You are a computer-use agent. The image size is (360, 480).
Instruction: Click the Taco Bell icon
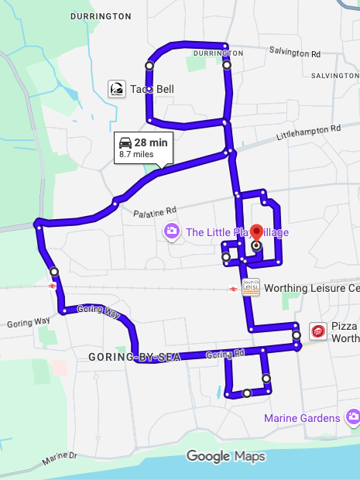click(x=117, y=89)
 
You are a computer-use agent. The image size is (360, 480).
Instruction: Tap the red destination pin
click(x=257, y=235)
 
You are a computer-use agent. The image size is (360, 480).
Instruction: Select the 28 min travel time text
click(x=151, y=142)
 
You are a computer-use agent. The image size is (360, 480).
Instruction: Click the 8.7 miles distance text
click(x=136, y=155)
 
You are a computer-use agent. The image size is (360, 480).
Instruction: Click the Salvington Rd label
click(x=295, y=53)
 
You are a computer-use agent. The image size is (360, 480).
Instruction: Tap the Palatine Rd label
click(x=154, y=210)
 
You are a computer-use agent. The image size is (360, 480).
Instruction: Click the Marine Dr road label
click(x=60, y=460)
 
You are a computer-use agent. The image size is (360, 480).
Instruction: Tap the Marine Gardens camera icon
click(x=353, y=417)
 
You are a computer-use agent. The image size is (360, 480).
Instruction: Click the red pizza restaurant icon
click(x=317, y=331)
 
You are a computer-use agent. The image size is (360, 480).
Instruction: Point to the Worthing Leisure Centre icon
click(x=250, y=287)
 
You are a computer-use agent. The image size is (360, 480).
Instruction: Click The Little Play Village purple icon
click(x=171, y=231)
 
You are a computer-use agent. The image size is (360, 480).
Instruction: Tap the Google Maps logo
click(x=225, y=457)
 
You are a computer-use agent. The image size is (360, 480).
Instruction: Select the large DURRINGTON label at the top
click(x=101, y=15)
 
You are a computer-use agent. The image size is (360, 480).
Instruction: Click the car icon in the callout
click(x=125, y=142)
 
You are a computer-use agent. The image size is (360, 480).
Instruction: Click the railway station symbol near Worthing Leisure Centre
click(x=232, y=289)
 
